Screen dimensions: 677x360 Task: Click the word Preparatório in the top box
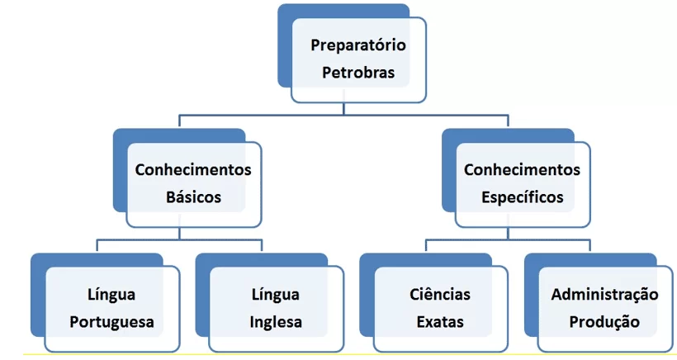click(358, 45)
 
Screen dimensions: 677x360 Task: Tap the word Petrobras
click(358, 73)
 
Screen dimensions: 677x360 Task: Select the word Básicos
click(193, 197)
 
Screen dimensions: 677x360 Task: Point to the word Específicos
click(523, 197)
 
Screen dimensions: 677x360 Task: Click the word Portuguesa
click(111, 323)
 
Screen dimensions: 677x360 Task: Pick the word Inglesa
click(276, 323)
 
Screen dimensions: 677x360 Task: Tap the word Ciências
click(440, 295)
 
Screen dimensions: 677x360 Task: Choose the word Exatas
click(440, 322)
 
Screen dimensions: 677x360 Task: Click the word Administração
click(604, 296)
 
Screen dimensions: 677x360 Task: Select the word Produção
click(604, 323)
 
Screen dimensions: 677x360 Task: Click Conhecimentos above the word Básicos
click(193, 169)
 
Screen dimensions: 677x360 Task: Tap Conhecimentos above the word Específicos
click(522, 169)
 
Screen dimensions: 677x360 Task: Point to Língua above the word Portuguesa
click(111, 296)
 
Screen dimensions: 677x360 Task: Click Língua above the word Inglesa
click(276, 296)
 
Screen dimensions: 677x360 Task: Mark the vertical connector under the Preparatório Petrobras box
click(343, 109)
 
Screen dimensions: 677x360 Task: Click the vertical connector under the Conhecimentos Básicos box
click(179, 234)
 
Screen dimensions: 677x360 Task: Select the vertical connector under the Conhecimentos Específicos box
click(508, 234)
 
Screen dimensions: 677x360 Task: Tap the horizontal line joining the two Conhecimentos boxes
click(343, 116)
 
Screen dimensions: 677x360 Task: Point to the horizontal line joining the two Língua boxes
click(179, 240)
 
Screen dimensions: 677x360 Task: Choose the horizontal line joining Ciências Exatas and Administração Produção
click(508, 240)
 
